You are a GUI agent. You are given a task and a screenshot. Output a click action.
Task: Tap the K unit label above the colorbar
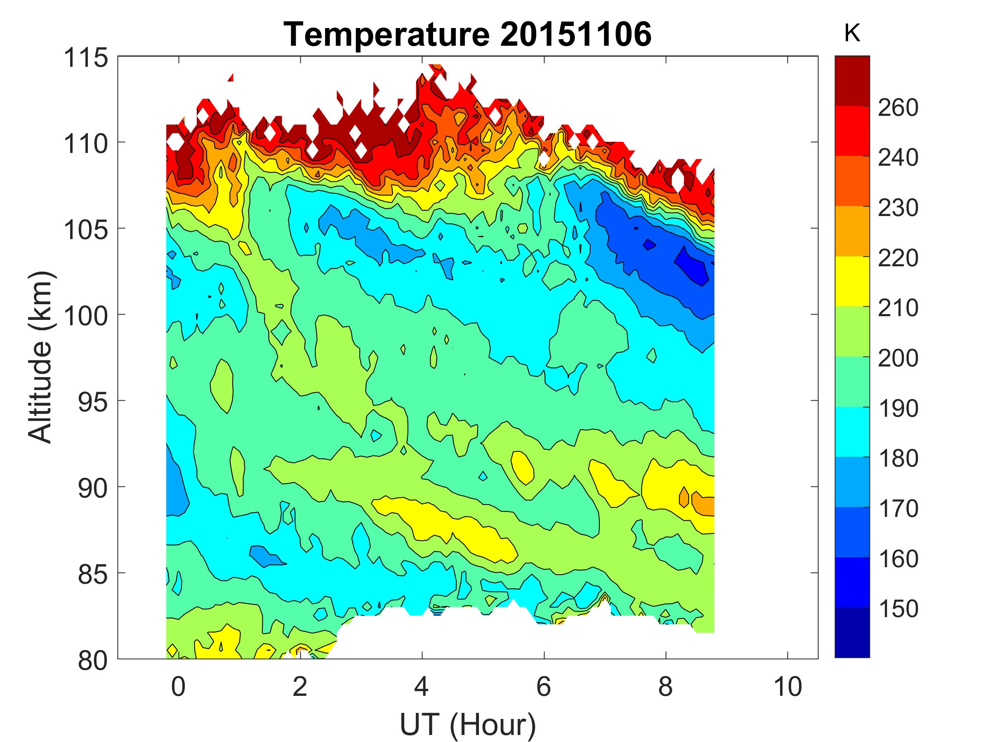pos(852,33)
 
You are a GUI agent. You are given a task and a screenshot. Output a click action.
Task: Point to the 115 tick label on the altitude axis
pos(86,58)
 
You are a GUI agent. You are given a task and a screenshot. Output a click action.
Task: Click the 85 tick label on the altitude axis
pos(93,574)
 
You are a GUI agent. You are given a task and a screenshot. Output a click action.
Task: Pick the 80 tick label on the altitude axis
pos(93,661)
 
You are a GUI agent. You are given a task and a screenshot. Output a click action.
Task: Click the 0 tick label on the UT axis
pos(178,686)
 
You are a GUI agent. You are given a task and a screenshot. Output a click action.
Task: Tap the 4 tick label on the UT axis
pos(422,686)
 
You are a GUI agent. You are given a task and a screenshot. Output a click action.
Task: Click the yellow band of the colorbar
pos(852,281)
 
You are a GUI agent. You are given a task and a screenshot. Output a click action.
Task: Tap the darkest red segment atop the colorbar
pos(852,80)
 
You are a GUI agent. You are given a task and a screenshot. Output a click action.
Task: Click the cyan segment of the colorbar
pos(852,431)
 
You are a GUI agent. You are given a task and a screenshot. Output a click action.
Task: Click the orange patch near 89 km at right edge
pos(704,504)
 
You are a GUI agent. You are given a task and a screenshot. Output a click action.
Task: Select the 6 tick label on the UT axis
pos(544,686)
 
